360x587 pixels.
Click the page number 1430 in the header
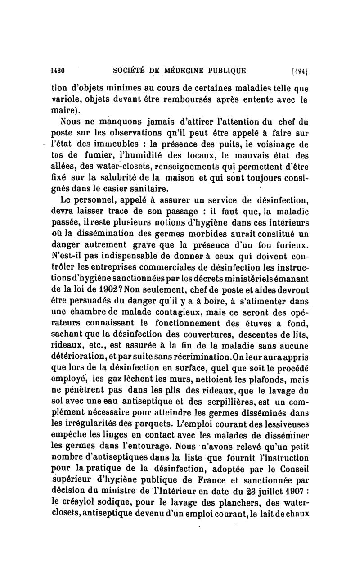[59, 70]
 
